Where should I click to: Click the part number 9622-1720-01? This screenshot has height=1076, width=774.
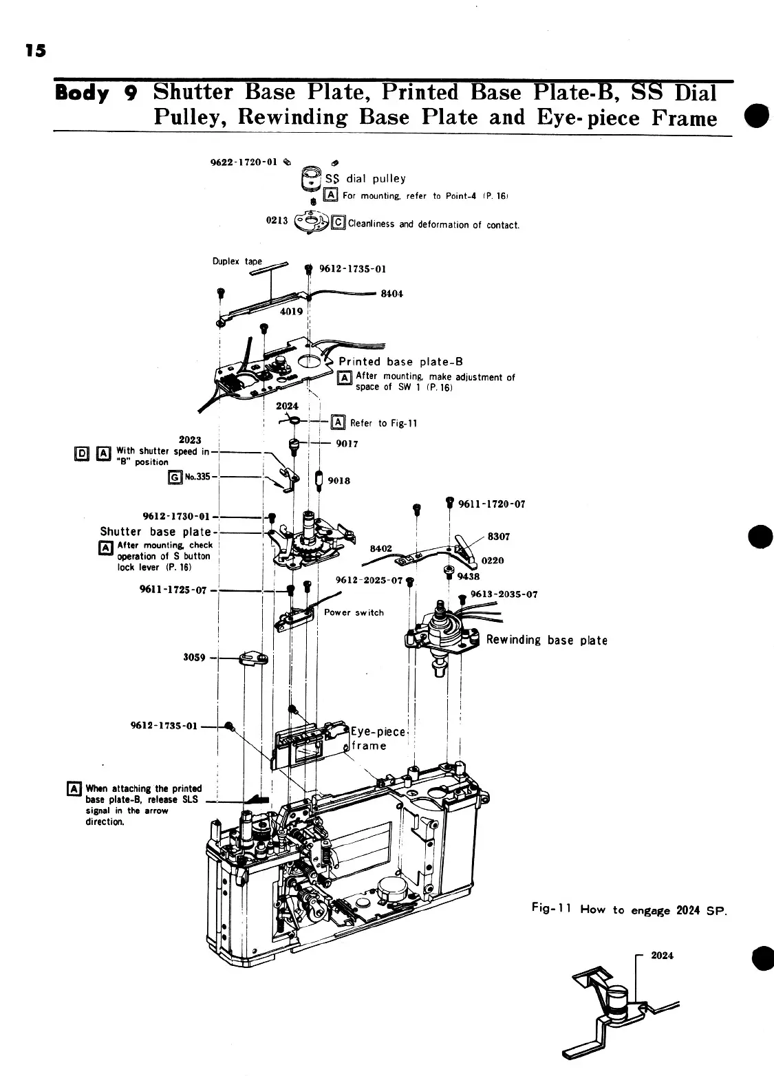click(243, 162)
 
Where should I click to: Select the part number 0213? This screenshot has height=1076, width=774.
click(276, 221)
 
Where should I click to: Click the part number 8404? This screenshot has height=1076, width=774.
click(392, 294)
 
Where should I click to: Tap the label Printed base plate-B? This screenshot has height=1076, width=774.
click(400, 362)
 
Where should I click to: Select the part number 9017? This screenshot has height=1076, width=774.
click(347, 444)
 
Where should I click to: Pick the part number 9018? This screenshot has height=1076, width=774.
click(339, 480)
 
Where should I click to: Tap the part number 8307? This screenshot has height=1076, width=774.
click(498, 536)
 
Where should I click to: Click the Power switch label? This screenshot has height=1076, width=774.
click(354, 612)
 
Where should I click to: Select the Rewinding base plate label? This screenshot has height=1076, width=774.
click(546, 640)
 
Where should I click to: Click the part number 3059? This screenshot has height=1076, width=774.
click(194, 657)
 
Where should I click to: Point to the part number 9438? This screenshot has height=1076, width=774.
click(470, 577)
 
